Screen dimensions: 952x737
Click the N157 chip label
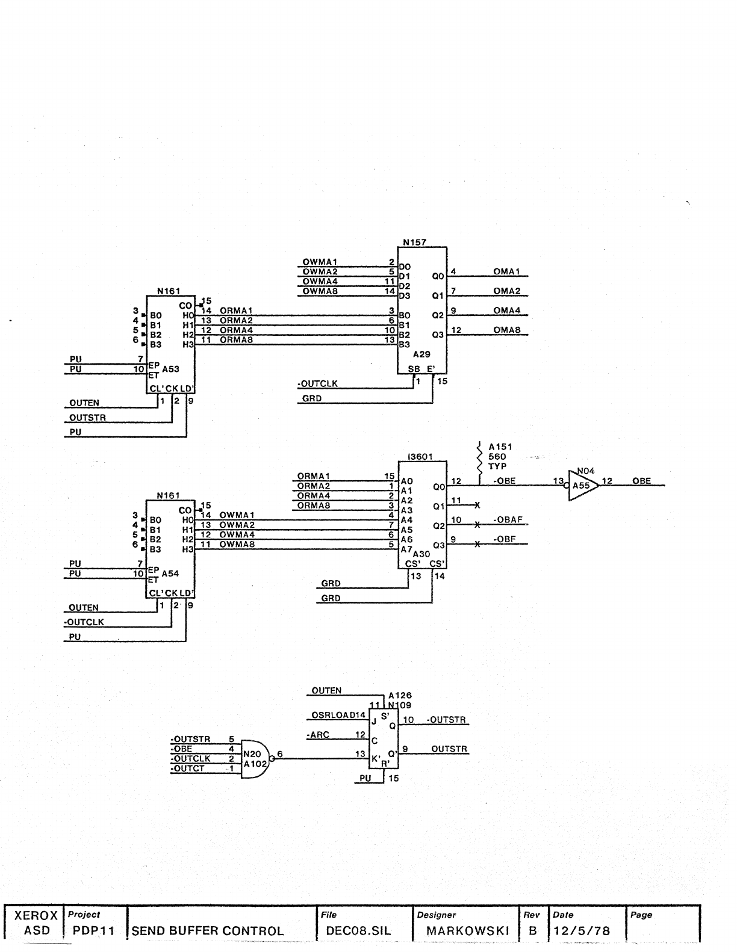[415, 243]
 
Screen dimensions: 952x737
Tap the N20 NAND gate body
[253, 758]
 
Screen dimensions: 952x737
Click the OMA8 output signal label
[506, 330]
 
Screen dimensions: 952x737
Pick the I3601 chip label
[420, 457]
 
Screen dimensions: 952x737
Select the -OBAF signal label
[506, 519]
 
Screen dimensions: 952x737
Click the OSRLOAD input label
[335, 716]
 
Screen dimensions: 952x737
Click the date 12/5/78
[581, 931]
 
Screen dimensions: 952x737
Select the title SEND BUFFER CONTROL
[207, 931]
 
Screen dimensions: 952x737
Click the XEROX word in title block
[36, 916]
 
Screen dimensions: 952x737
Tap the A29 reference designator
[422, 355]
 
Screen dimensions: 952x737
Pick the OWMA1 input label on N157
[320, 262]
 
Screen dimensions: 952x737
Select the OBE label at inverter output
[642, 481]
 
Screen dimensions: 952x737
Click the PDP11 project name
[93, 931]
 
